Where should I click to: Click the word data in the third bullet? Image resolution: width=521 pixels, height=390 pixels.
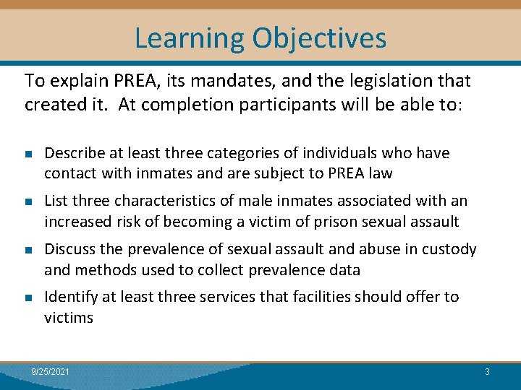coord(344,269)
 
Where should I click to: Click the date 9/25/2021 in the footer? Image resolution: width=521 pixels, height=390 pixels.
coord(51,371)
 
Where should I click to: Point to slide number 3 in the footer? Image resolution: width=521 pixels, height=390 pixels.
coord(487,371)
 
